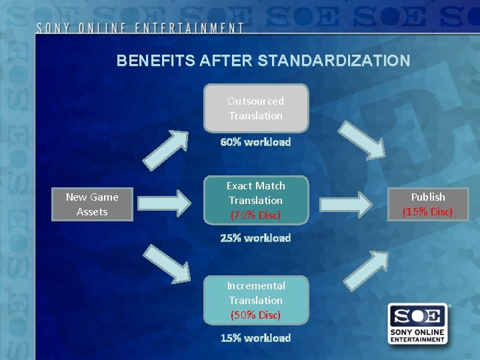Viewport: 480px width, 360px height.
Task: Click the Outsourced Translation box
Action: pos(256,108)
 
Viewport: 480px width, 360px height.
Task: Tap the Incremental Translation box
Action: pos(256,300)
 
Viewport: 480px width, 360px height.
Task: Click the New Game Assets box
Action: pos(92,204)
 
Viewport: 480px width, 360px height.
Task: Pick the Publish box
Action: pos(428,204)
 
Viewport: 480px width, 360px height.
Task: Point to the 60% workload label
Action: pos(256,142)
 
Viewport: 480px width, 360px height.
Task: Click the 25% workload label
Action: pos(256,238)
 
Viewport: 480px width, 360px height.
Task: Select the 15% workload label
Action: pos(256,338)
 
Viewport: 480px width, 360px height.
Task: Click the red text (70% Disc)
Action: pos(256,215)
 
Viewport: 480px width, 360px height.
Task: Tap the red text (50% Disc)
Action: pos(256,315)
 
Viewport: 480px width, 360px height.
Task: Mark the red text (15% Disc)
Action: pos(428,212)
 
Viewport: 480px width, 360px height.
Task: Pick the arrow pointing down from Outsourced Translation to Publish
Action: pos(363,139)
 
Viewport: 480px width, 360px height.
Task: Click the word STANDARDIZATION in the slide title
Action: pos(333,61)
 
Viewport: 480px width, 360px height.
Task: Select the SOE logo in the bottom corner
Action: pos(418,323)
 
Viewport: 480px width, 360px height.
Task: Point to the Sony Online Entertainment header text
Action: pos(140,28)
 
